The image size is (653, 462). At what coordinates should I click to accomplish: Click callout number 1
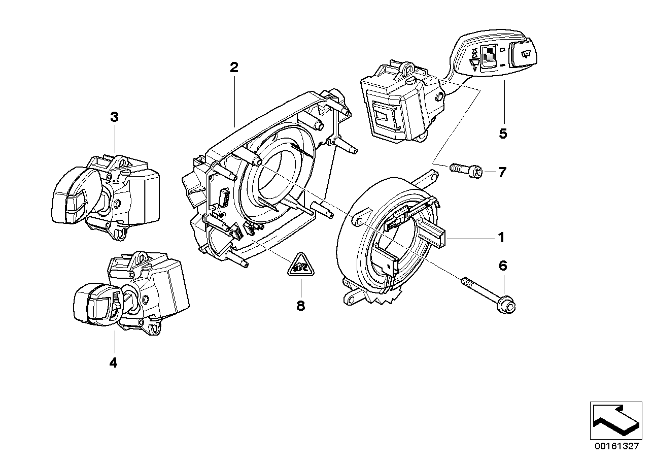[x=500, y=237]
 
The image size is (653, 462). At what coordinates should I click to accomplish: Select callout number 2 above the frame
[x=233, y=68]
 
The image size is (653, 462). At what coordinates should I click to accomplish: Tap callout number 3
[x=114, y=117]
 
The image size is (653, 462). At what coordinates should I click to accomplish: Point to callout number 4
[x=113, y=362]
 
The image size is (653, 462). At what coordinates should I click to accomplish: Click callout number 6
[x=502, y=266]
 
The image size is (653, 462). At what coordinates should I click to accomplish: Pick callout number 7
[x=501, y=173]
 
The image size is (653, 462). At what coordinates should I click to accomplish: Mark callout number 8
[x=300, y=306]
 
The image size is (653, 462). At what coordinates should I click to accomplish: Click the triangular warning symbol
[x=300, y=265]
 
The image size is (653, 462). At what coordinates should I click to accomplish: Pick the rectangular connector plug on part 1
[x=434, y=236]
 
